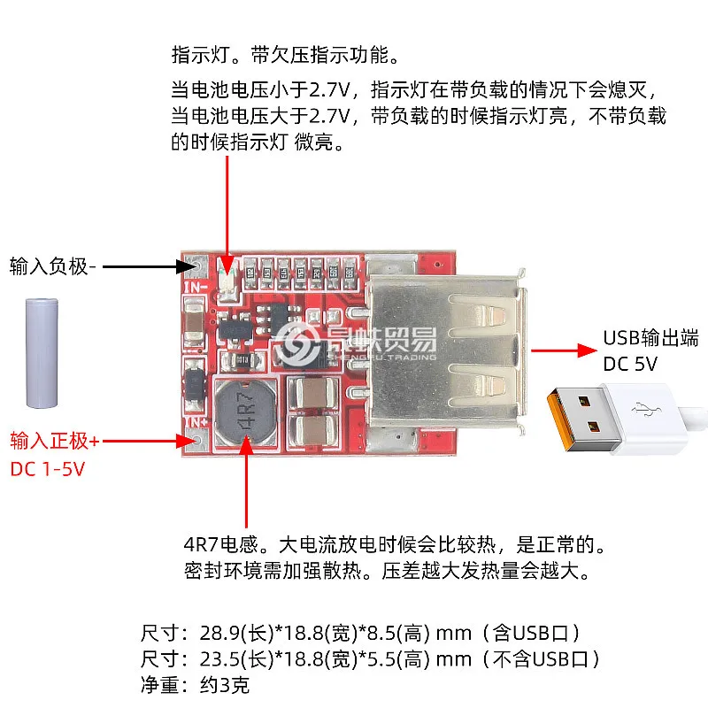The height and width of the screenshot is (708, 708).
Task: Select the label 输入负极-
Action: tap(52, 265)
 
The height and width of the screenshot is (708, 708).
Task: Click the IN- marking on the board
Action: tap(194, 286)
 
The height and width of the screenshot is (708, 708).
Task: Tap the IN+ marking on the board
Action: tap(194, 423)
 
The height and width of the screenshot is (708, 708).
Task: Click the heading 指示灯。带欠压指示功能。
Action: tap(285, 55)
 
